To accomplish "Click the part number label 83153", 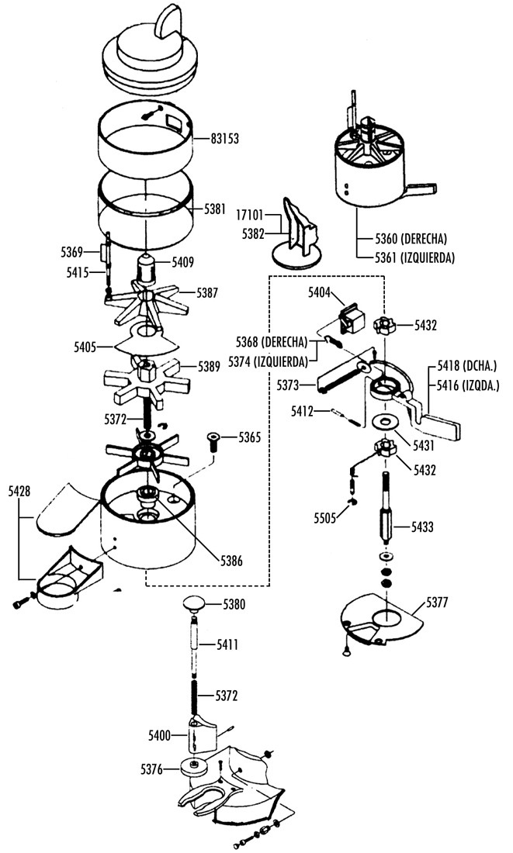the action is [225, 139].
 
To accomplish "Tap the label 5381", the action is [214, 209].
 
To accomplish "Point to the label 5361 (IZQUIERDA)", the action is [414, 257].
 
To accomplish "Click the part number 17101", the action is [250, 214].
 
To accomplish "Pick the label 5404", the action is [319, 292].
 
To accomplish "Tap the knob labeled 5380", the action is [196, 604].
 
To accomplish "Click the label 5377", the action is [437, 603].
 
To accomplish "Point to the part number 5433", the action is [423, 527].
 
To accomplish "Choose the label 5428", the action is [19, 492].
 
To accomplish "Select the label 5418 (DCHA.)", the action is [468, 364].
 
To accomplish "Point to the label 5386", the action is [231, 561].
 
